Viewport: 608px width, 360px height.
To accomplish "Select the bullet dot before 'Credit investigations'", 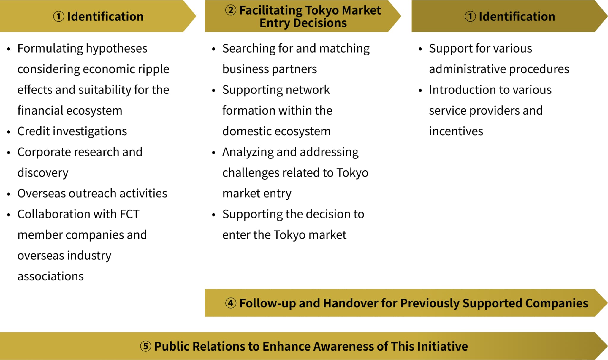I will (x=9, y=132).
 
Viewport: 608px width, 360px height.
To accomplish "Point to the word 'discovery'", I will (x=43, y=173).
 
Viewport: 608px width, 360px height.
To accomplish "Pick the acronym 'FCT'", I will (x=129, y=214).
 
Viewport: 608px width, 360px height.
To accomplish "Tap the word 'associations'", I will (x=50, y=276).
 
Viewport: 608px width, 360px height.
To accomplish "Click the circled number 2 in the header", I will (x=231, y=10).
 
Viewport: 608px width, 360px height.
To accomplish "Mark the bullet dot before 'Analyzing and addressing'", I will (x=214, y=153).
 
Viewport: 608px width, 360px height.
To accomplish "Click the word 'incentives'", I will (x=456, y=131).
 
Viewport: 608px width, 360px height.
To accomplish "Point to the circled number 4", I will (x=231, y=303).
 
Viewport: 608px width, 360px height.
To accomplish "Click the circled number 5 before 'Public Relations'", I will (x=145, y=346).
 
